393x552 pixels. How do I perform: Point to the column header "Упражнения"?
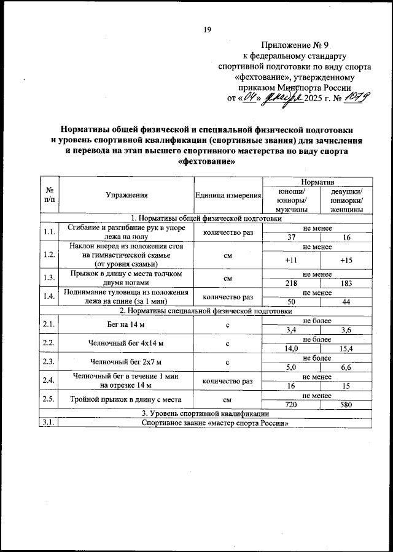[126, 194]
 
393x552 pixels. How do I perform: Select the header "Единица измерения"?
[228, 194]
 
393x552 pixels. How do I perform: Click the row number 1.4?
[49, 296]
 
